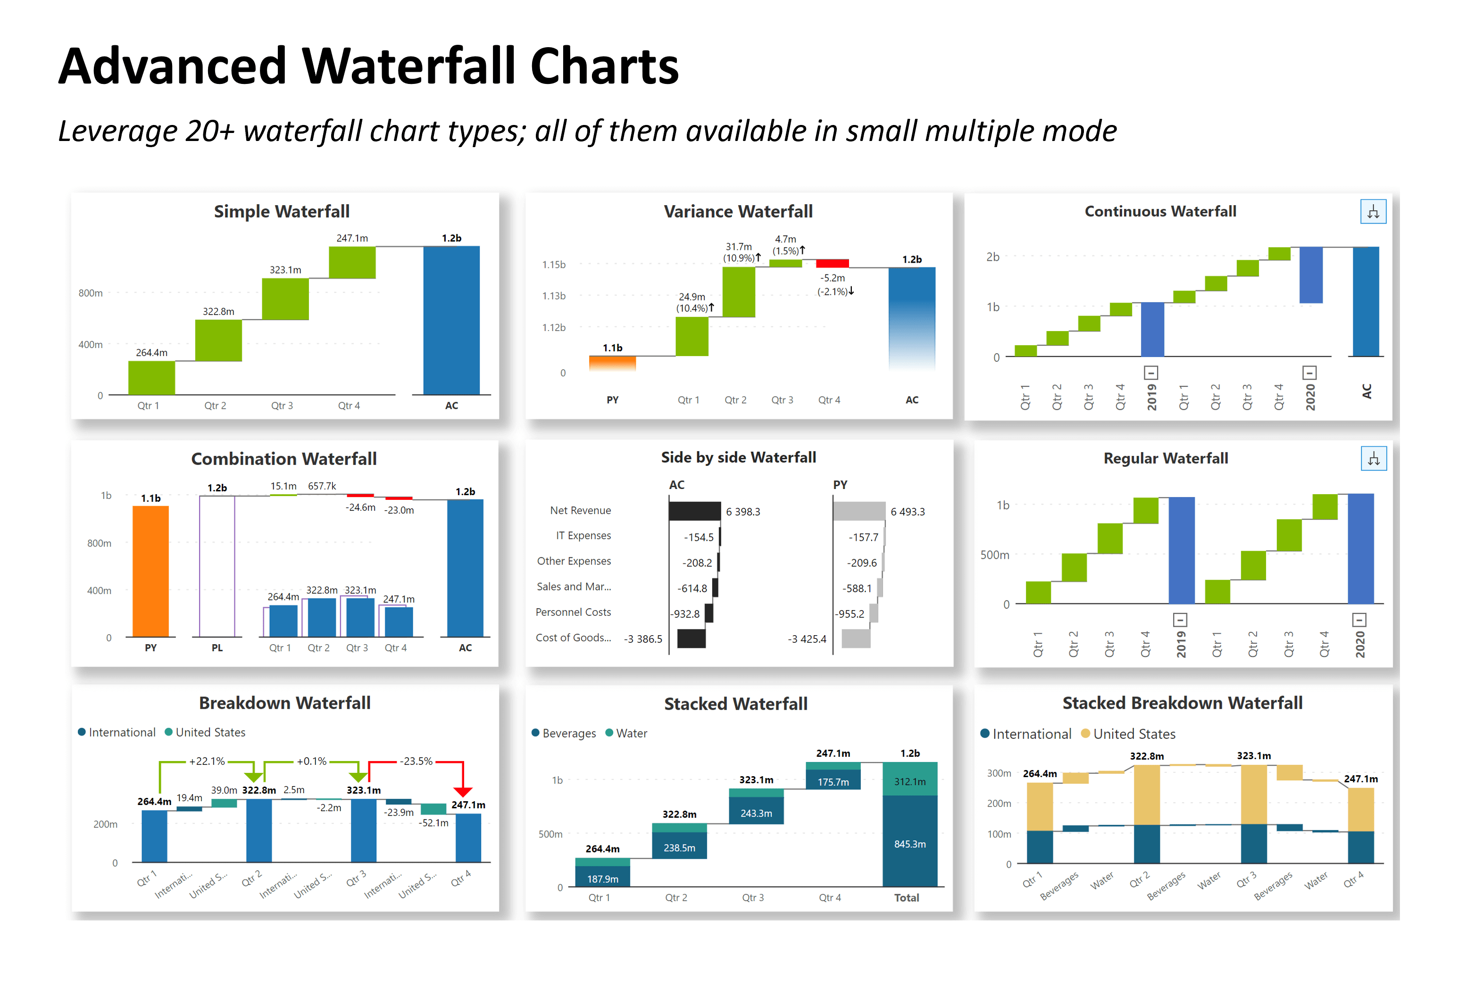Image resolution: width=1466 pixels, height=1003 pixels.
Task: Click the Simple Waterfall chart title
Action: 281,211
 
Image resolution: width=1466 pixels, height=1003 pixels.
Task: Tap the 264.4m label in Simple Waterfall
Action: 151,353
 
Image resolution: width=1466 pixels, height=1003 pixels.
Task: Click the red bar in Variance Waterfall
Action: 832,264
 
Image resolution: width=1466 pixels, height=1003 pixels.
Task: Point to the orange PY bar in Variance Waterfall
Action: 612,362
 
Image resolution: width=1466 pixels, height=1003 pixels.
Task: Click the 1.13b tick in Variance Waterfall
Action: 553,296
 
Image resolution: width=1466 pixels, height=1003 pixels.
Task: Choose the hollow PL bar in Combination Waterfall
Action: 217,566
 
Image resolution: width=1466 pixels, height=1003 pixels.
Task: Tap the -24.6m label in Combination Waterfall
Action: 360,507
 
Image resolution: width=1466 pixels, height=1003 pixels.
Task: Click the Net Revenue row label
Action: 580,510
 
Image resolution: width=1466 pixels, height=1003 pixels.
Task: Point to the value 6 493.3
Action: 907,512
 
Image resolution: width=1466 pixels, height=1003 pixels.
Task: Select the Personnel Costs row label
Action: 573,612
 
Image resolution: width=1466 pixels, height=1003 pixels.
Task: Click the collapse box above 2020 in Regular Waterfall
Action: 1359,620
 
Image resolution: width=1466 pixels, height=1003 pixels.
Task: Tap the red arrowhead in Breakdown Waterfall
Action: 462,792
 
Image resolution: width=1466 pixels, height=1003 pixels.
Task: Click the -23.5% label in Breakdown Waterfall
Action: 416,762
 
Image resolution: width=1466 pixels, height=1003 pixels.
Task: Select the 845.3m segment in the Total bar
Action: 909,844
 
